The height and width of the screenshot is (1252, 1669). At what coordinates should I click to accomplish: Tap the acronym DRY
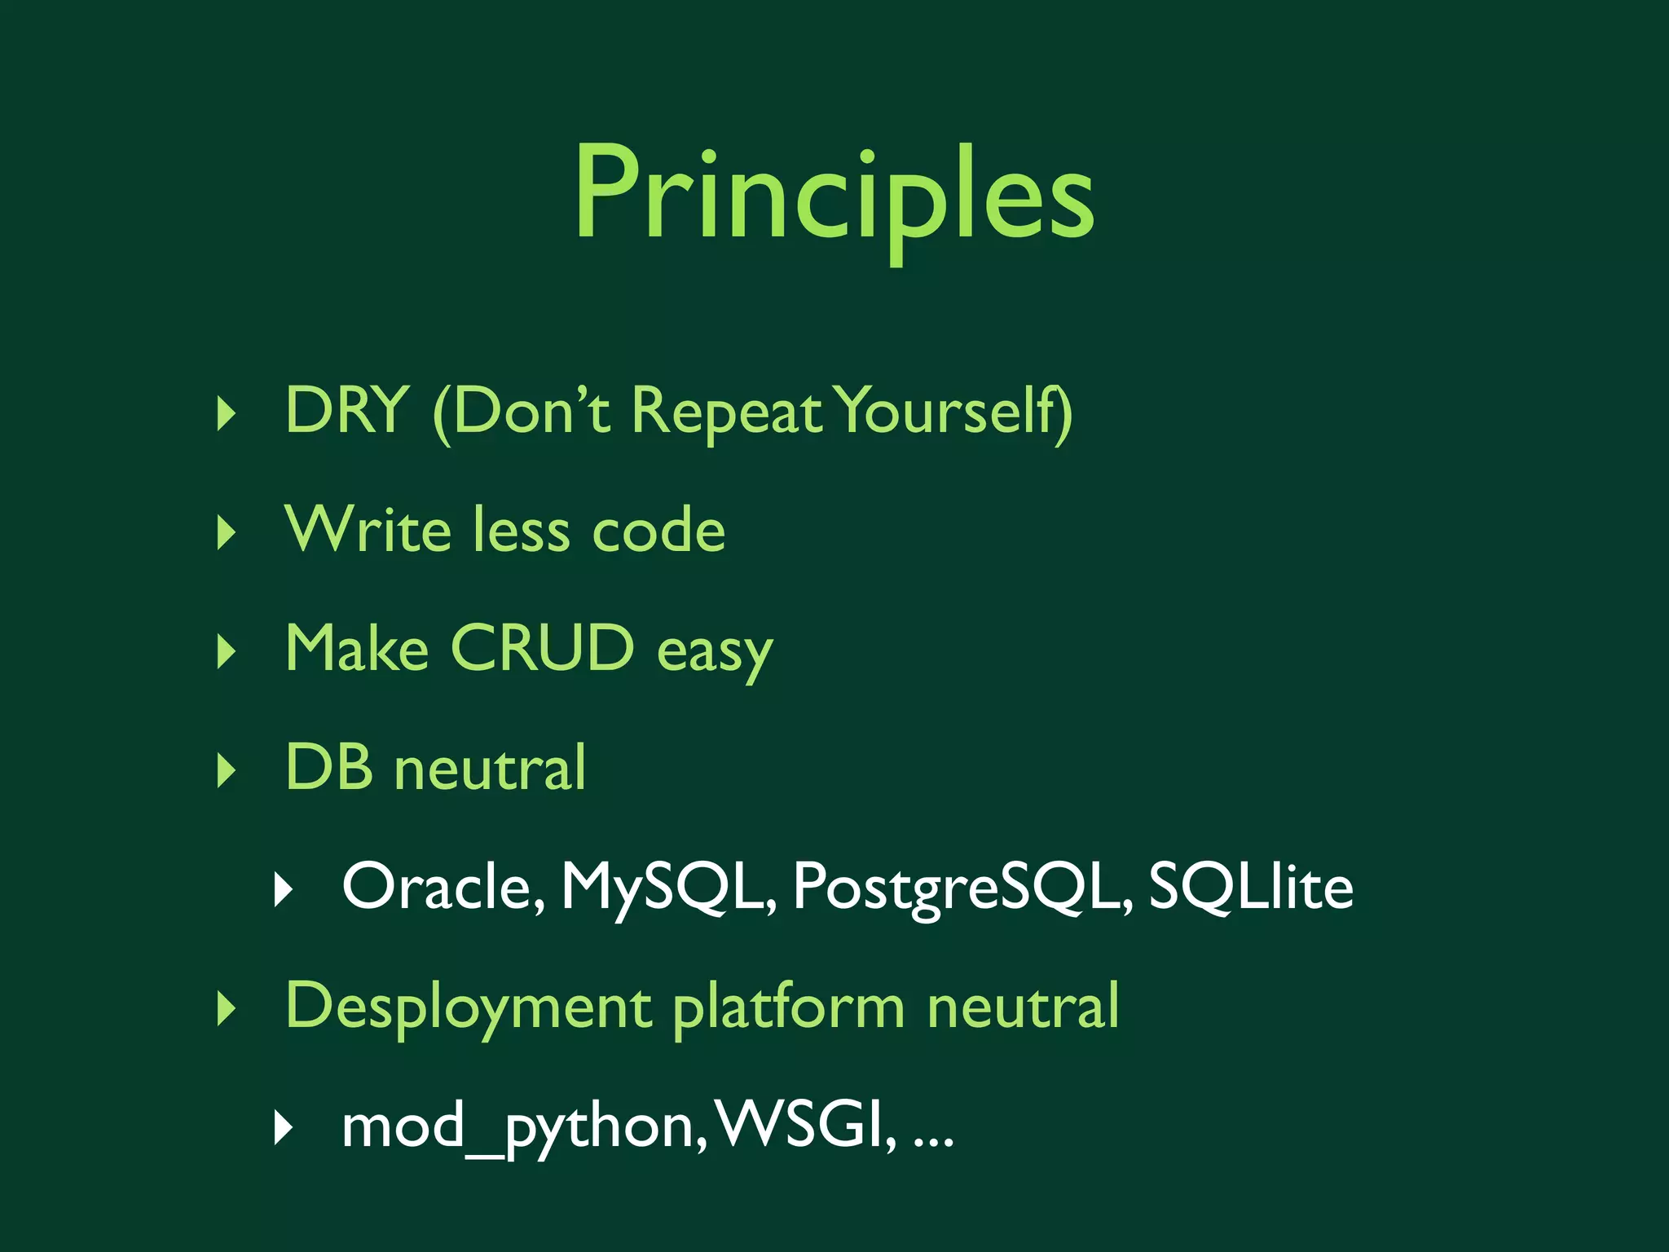click(346, 410)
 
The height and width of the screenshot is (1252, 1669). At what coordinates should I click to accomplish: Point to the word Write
click(368, 530)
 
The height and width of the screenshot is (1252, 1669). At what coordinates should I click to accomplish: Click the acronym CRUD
click(542, 649)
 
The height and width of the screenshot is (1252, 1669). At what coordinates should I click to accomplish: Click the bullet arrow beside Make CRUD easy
click(227, 651)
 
